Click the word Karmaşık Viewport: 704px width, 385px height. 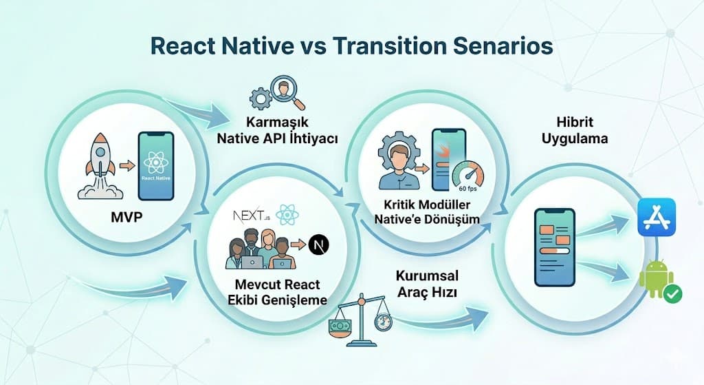point(277,123)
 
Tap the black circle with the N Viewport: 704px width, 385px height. point(318,244)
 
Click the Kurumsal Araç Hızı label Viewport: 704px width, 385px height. point(427,283)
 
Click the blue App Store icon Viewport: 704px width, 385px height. point(657,217)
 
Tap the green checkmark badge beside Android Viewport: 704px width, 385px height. point(673,294)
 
